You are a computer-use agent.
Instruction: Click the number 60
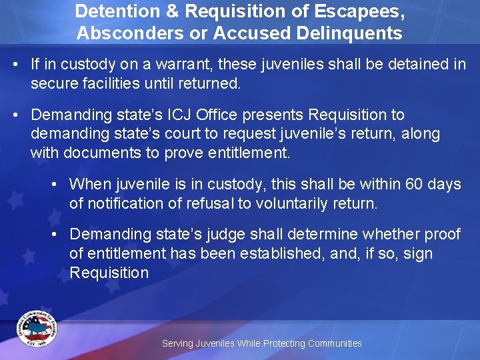pos(415,184)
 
